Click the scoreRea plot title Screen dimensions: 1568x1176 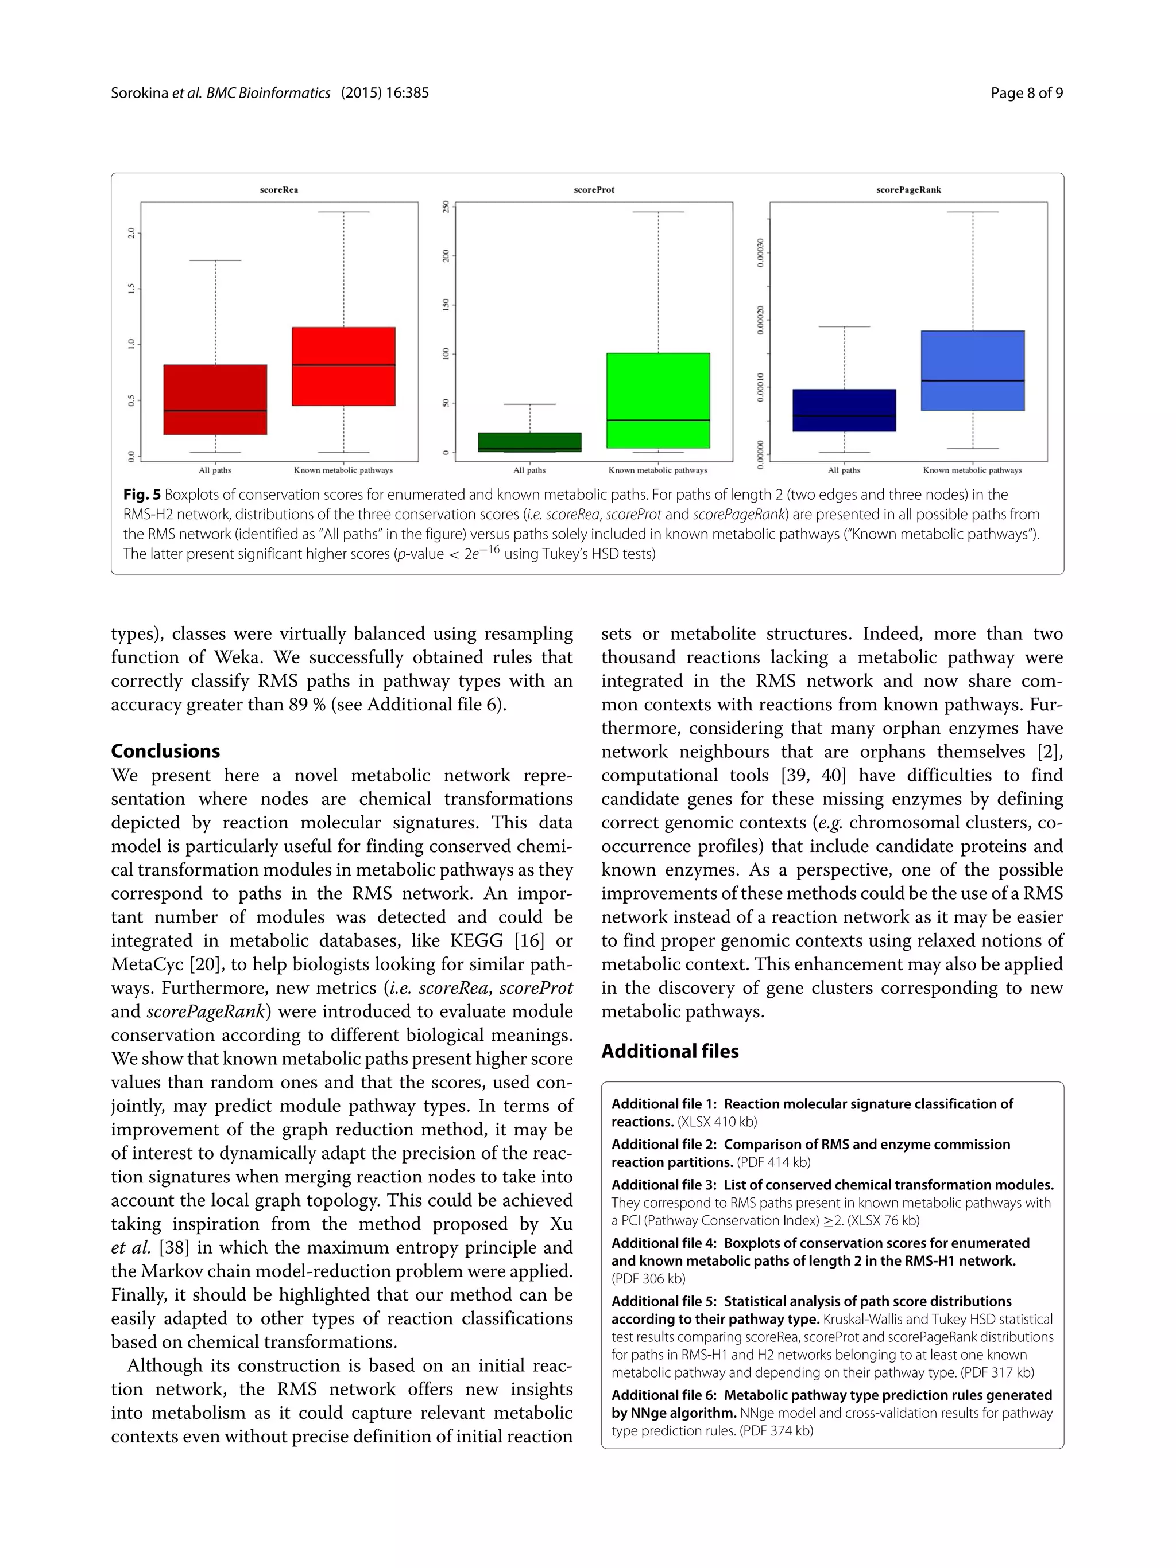[x=278, y=190]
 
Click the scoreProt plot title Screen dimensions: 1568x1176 [x=594, y=190]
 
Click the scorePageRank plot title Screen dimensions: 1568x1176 [x=908, y=190]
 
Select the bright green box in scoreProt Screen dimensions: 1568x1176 [x=658, y=400]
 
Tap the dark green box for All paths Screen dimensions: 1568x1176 [x=530, y=442]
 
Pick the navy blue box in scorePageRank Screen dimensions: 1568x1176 [x=844, y=410]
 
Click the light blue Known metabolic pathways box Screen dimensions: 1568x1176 [x=972, y=370]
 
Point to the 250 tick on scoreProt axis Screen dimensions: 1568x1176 [x=446, y=207]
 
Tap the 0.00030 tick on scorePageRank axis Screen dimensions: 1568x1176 [x=760, y=252]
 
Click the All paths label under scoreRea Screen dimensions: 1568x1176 [x=215, y=470]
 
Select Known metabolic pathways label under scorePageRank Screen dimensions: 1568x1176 [x=972, y=470]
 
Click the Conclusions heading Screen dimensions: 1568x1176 [x=165, y=750]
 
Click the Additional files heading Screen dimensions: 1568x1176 [x=670, y=1050]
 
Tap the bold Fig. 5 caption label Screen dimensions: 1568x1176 [x=142, y=494]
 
